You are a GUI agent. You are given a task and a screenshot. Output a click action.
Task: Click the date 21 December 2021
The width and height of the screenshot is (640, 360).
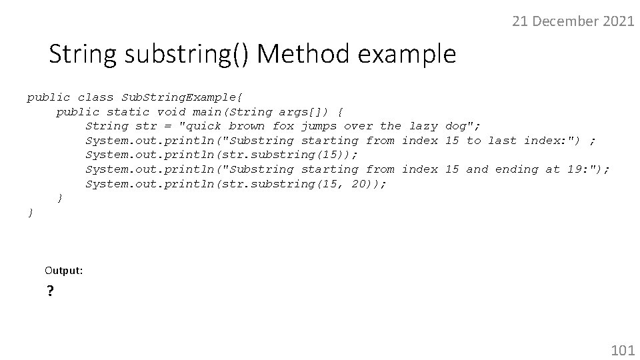(573, 21)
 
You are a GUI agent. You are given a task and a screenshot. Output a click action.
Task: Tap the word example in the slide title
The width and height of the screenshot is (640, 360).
(408, 53)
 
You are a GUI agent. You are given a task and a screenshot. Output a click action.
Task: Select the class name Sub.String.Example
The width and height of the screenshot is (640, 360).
(175, 97)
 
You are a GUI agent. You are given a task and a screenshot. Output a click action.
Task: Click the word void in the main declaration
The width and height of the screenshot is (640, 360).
(171, 112)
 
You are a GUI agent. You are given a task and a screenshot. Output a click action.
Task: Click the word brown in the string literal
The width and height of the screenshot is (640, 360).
(247, 126)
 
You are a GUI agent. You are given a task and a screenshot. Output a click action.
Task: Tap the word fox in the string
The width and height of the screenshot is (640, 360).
(283, 126)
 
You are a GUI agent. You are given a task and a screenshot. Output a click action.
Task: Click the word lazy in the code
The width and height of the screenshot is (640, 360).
(423, 126)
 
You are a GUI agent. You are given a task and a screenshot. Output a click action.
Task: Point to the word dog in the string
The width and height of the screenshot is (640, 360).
(456, 126)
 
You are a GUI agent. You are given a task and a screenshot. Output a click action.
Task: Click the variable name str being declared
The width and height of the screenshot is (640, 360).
(146, 126)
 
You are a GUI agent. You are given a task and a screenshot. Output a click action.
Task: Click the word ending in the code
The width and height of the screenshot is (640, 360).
(517, 169)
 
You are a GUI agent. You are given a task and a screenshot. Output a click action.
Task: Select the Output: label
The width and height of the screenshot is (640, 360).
(64, 270)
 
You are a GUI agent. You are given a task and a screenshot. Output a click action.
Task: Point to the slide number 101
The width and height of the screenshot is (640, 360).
(623, 349)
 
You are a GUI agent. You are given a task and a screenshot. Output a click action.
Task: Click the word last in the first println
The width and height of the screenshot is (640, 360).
(502, 141)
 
